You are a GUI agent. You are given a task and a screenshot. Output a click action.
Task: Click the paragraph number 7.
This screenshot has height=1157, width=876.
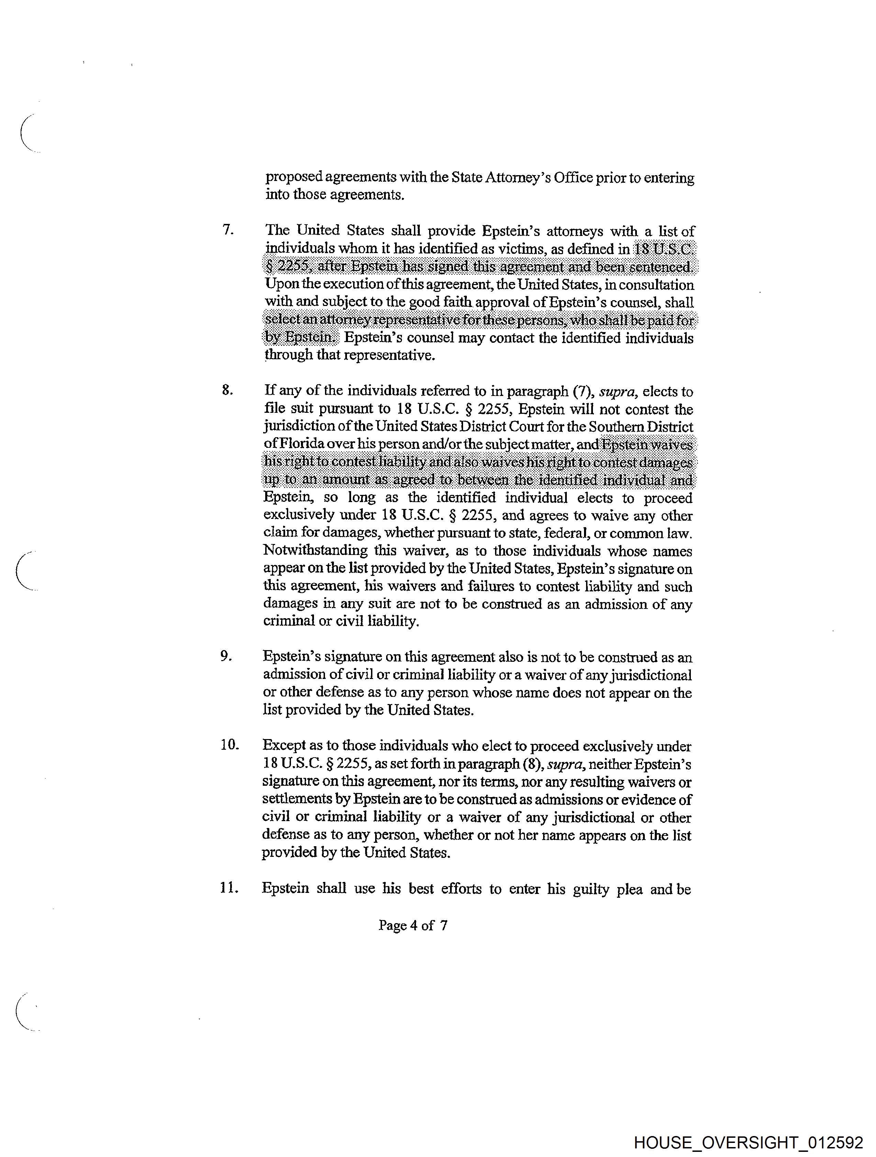pyautogui.click(x=228, y=230)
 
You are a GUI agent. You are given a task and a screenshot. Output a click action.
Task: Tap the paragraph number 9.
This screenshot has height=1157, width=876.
pyautogui.click(x=226, y=656)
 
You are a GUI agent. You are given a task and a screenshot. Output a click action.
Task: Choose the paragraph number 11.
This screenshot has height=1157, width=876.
pyautogui.click(x=229, y=888)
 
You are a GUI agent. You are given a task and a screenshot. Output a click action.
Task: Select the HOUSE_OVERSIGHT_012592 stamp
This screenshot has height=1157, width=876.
pyautogui.click(x=748, y=1142)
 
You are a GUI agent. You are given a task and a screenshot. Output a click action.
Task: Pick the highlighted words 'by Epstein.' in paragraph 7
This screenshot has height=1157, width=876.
pyautogui.click(x=300, y=337)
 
